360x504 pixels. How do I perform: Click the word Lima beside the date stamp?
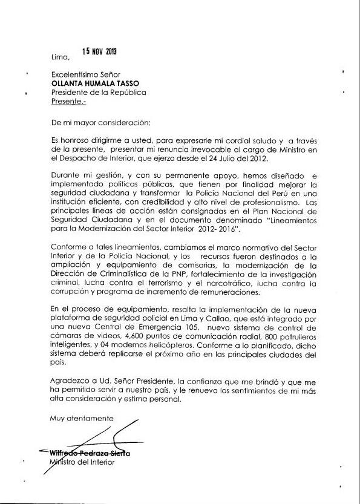pos(61,57)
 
